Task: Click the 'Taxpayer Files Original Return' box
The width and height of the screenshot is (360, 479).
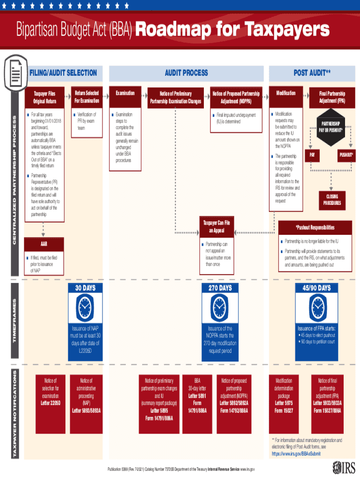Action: coord(44,97)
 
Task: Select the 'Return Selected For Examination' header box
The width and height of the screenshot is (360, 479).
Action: coord(86,97)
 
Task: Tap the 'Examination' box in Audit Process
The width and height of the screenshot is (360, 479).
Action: coord(125,93)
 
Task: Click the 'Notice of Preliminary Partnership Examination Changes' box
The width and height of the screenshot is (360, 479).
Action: coord(175,97)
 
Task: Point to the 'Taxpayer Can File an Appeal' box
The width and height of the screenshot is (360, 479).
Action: coord(216,226)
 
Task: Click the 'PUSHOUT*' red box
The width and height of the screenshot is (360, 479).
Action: coord(346,154)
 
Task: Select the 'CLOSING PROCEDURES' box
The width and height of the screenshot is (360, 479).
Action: coord(332,200)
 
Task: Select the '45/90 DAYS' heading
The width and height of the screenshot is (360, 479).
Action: coord(317,288)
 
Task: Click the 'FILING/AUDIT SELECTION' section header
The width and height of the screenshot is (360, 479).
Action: coord(63,73)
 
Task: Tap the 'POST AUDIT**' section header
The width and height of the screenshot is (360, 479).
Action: coord(312,73)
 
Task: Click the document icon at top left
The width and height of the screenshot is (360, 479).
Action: coord(14,73)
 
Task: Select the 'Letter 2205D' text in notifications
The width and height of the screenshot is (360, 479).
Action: coord(50,403)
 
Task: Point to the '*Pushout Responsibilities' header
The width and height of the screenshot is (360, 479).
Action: coord(315,227)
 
